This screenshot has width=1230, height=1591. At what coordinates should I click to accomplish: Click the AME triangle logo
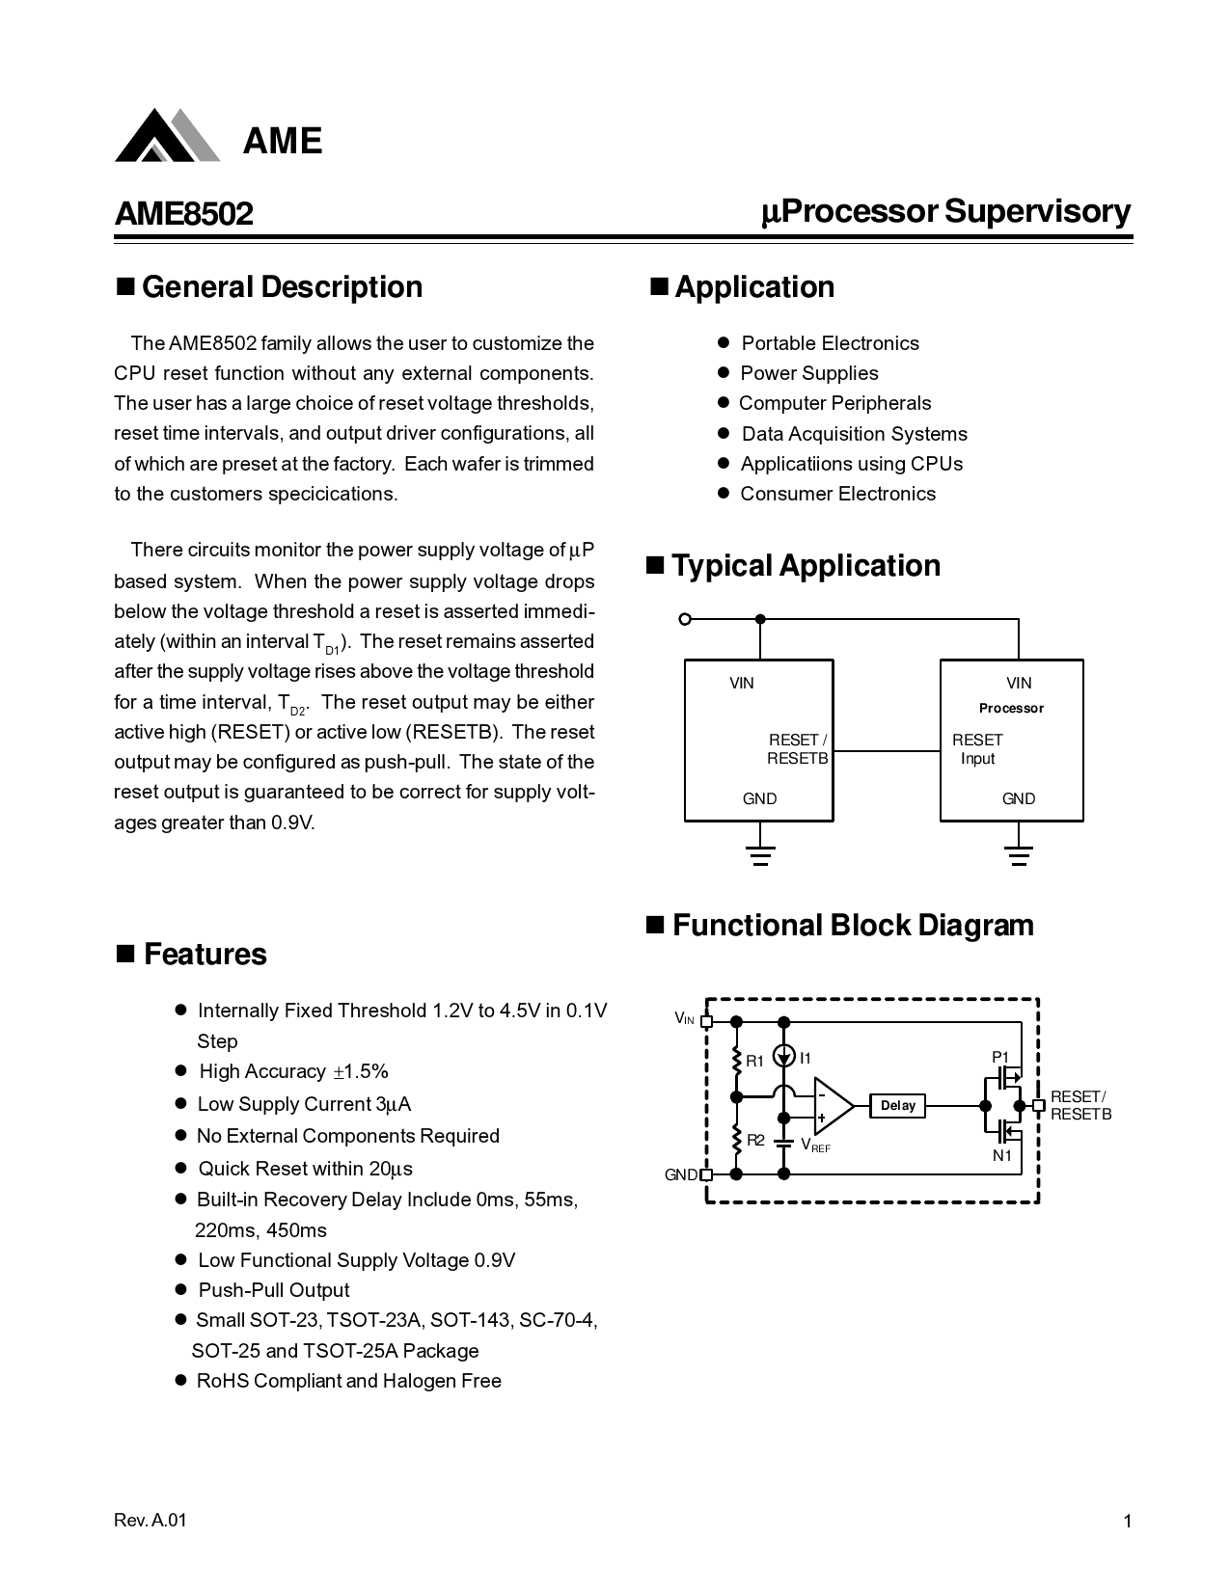tap(166, 136)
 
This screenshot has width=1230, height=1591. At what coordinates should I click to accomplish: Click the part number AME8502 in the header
tap(183, 213)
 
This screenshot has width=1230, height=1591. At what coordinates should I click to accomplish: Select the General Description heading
tap(282, 287)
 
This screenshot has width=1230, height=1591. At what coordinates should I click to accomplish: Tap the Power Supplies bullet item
tap(808, 373)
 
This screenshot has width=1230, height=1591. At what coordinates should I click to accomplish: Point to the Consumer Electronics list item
tap(837, 494)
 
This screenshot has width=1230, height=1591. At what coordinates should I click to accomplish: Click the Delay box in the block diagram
tap(897, 1106)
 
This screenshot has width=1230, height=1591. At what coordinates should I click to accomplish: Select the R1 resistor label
tap(754, 1061)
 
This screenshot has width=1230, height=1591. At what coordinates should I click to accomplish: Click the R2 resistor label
tap(755, 1141)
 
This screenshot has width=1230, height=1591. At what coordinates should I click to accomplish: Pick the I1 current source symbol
tap(784, 1058)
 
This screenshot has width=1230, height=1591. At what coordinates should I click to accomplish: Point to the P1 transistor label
tap(1000, 1057)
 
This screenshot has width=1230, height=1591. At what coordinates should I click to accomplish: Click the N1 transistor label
tap(1002, 1155)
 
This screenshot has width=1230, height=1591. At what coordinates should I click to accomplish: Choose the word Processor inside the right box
tap(1011, 709)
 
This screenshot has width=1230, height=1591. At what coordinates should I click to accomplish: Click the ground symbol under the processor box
tap(1019, 855)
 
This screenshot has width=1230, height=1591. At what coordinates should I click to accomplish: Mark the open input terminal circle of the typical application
tap(685, 619)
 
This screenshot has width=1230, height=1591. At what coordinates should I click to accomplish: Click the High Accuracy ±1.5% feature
tap(293, 1072)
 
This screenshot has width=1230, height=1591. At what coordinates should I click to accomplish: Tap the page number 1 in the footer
tap(1127, 1522)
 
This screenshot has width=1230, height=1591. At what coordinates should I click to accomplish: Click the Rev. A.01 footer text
tap(150, 1521)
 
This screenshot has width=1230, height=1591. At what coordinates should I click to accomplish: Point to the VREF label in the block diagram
tap(815, 1146)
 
